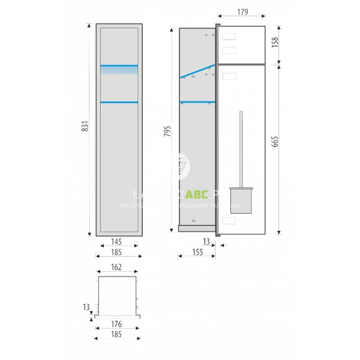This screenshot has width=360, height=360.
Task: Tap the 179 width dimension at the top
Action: point(242,11)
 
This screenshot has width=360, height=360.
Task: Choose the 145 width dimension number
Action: point(119,242)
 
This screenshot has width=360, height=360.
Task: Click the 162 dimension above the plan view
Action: point(119,266)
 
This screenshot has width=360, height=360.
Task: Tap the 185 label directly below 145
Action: point(119,253)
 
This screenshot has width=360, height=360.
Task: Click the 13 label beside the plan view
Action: point(86,307)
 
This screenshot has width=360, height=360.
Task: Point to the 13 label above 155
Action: point(207,242)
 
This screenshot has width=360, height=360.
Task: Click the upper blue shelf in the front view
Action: point(119,65)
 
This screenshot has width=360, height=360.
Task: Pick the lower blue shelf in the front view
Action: point(119,102)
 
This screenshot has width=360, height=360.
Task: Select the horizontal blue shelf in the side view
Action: point(196,101)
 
